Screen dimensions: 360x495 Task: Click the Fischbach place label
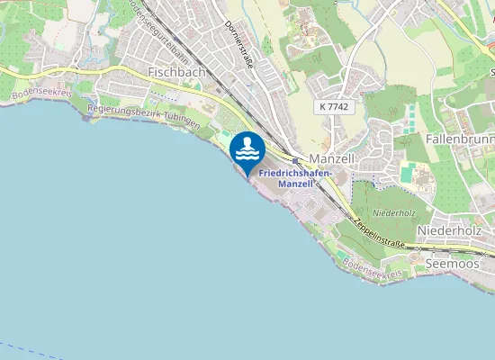[176, 71]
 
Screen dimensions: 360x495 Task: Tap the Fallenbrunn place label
[459, 140]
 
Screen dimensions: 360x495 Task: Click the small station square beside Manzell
[294, 160]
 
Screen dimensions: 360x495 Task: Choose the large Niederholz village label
[449, 230]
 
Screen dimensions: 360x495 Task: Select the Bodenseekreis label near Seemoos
[369, 270]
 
